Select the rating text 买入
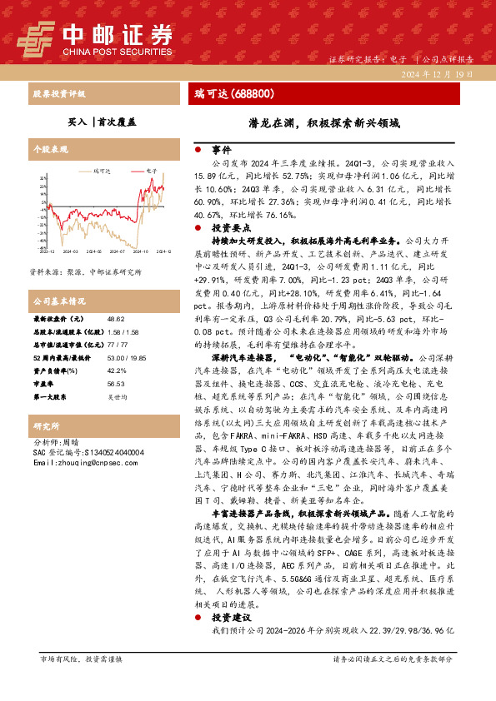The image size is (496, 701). [77, 121]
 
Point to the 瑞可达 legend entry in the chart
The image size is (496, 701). [103, 171]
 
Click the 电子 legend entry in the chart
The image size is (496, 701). [151, 171]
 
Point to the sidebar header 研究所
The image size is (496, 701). [43, 424]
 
